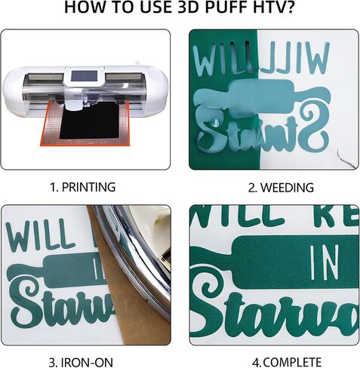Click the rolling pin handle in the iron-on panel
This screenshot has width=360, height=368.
(x=23, y=268)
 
